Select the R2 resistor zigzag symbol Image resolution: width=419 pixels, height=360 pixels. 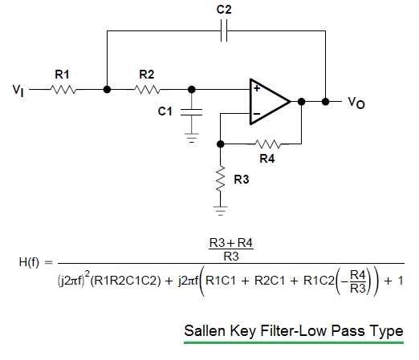click(148, 90)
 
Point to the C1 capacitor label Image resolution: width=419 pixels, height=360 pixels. click(165, 111)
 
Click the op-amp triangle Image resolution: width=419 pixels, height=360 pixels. click(268, 101)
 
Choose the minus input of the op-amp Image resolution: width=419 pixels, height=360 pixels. click(257, 114)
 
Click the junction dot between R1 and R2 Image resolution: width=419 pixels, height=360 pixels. click(107, 90)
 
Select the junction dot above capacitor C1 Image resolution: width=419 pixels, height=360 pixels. click(191, 90)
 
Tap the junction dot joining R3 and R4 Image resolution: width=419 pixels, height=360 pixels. click(220, 144)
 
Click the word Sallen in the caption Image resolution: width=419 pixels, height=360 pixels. click(205, 330)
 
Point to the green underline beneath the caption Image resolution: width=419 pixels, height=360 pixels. click(293, 342)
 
